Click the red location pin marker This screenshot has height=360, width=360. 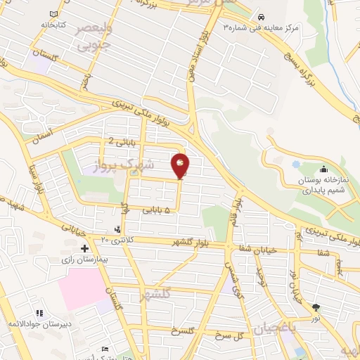point(181,166)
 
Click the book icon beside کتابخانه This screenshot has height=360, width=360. point(55,13)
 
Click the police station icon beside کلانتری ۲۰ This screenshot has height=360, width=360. point(117,229)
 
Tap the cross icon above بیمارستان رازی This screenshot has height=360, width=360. point(85,248)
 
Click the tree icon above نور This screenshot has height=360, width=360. point(316,307)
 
